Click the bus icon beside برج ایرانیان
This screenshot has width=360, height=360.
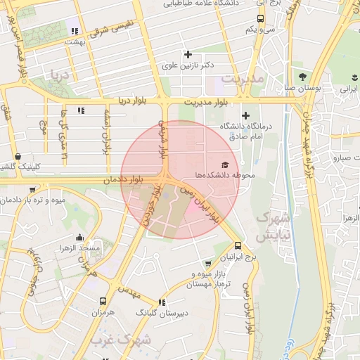click(239, 246)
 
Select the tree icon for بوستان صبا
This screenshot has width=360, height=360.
click(302, 77)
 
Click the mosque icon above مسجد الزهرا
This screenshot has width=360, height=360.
click(79, 237)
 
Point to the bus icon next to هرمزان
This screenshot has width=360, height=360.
click(104, 300)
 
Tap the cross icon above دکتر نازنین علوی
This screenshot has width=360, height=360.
click(188, 54)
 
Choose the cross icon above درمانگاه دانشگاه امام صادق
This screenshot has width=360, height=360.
click(245, 115)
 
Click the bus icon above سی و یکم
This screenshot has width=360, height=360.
click(260, 19)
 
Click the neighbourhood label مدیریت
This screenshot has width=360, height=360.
click(243, 78)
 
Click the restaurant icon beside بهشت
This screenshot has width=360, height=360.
click(74, 30)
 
